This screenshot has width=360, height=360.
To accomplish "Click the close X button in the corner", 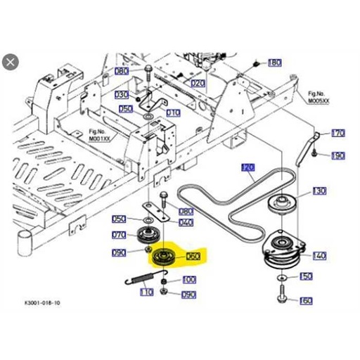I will point(10,63).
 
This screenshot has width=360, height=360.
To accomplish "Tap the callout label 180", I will point(274,63).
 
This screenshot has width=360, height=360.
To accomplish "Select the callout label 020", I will point(198,83).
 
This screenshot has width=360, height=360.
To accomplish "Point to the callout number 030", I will point(122,94).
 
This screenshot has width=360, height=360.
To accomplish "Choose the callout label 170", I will point(338,133).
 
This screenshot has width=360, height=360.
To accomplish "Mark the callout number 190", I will point(338,155).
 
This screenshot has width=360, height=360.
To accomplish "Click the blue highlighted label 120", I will point(247,167).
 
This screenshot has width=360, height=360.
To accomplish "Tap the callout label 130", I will point(319,191).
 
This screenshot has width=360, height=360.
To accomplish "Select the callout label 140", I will point(319,256).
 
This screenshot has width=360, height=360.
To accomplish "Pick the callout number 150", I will point(306,277).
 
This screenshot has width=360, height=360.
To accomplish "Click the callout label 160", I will point(306,301).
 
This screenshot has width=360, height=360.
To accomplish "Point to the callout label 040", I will point(186,222).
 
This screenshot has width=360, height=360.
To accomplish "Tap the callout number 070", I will point(119,235).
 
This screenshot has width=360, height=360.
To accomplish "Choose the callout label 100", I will point(189,279).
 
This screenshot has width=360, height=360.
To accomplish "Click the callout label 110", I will point(146,292).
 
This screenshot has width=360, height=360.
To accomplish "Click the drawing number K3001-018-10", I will point(42,304).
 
